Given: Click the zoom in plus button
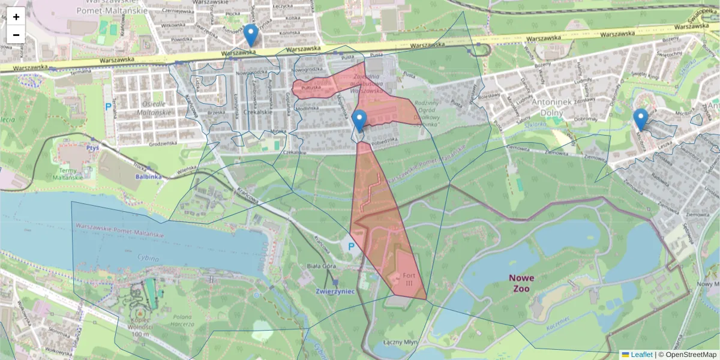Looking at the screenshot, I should [16, 17].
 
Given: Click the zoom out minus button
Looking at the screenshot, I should [16, 35].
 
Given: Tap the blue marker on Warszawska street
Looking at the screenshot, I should [251, 35].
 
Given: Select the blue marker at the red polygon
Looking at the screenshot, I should [359, 121].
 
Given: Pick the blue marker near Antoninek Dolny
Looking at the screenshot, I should [641, 119].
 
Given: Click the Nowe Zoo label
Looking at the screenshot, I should [521, 283].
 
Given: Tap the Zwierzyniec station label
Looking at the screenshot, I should [335, 290].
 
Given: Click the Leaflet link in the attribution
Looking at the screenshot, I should [641, 355].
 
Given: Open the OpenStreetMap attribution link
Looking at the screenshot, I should [691, 355].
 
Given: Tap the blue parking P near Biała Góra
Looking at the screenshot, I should [351, 246].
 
